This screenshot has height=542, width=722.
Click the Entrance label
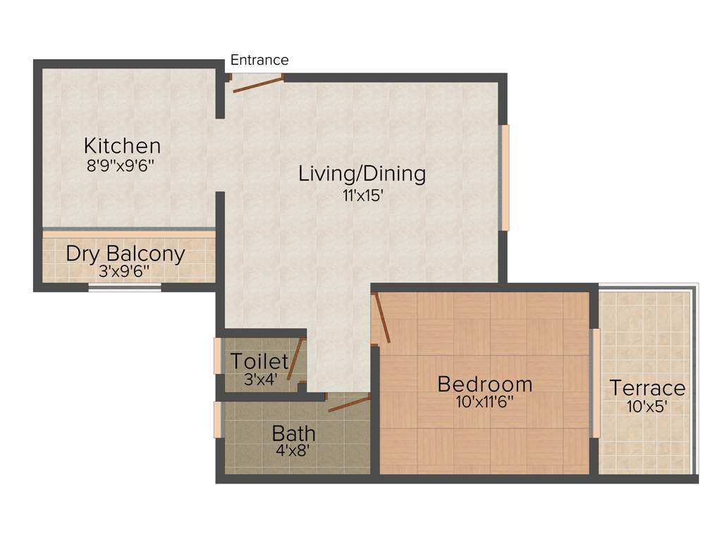pyautogui.click(x=259, y=61)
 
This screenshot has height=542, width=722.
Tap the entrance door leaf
pyautogui.click(x=258, y=84)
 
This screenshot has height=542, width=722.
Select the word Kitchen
pyautogui.click(x=122, y=146)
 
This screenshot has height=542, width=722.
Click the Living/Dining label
pyautogui.click(x=362, y=173)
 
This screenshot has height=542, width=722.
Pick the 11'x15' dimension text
pyautogui.click(x=362, y=195)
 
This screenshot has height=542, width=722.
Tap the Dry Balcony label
pyautogui.click(x=126, y=253)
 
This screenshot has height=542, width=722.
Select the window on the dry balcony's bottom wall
pyautogui.click(x=125, y=287)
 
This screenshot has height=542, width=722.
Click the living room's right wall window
pyautogui.click(x=504, y=177)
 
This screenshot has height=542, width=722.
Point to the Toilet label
pyautogui.click(x=259, y=362)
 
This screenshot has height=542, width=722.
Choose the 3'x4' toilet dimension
pyautogui.click(x=260, y=378)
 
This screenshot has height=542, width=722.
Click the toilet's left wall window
pyautogui.click(x=218, y=356)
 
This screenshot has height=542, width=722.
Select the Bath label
pyautogui.click(x=293, y=433)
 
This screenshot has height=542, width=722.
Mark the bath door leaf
pyautogui.click(x=349, y=404)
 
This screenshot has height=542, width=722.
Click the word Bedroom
pyautogui.click(x=484, y=385)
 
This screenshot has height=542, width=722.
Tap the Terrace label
pyautogui.click(x=647, y=388)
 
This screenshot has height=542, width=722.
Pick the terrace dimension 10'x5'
pyautogui.click(x=647, y=406)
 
